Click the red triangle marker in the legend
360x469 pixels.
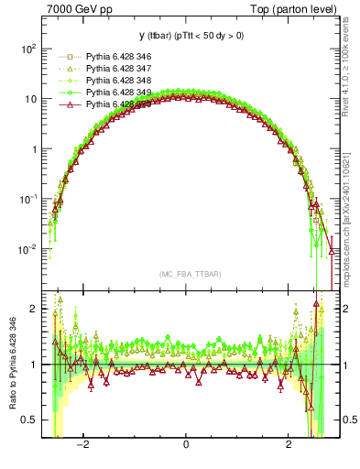(x=70, y=104)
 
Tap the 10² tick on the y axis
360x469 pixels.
(x=28, y=49)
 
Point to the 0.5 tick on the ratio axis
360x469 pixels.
(x=30, y=420)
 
